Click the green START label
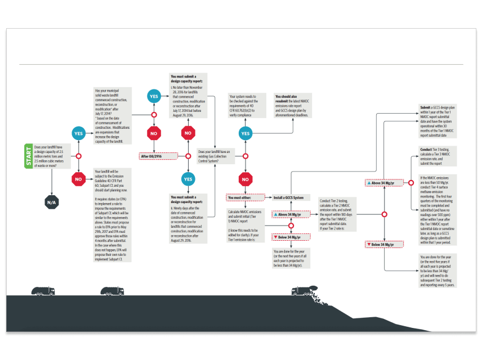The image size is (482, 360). click(x=27, y=156)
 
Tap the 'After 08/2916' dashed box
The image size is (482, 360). click(x=154, y=156)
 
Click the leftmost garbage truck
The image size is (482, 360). click(x=43, y=291)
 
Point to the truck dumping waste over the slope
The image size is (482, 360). click(x=304, y=290)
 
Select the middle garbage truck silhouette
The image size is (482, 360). click(x=112, y=291)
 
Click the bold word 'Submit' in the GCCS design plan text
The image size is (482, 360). click(x=426, y=106)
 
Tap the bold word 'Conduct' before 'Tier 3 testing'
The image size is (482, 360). click(x=426, y=150)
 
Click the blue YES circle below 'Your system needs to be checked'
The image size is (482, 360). click(x=245, y=134)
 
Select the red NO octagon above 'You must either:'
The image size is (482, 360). click(x=245, y=179)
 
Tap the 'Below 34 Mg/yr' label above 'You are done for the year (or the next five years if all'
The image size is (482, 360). click(x=291, y=237)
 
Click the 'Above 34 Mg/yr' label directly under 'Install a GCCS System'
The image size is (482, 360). click(x=291, y=214)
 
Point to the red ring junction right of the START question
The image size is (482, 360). click(x=79, y=156)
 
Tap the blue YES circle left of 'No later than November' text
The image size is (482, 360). click(x=154, y=96)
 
